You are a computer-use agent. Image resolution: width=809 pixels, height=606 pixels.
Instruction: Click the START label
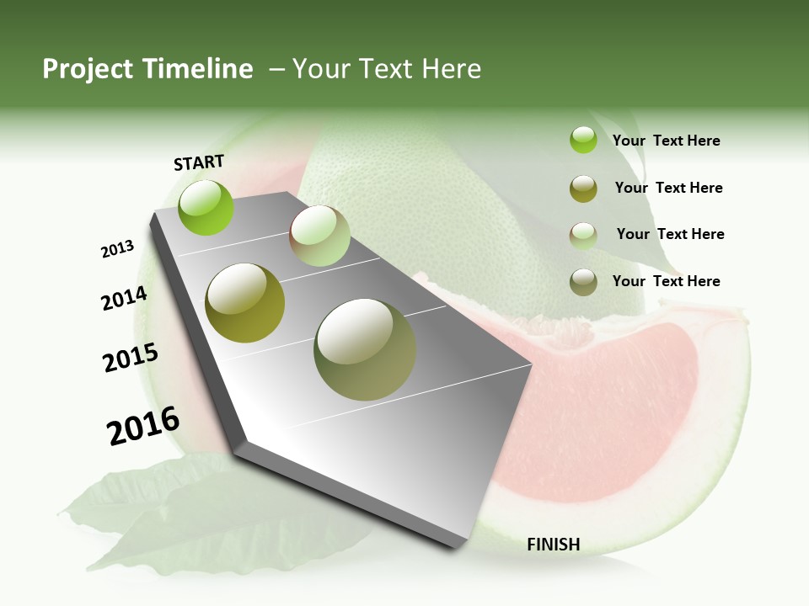(199, 162)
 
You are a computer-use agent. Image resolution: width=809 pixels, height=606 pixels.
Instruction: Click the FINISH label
(554, 545)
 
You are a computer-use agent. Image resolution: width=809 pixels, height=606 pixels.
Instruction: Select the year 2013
(117, 249)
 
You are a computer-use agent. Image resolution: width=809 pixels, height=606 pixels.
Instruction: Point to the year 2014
(124, 298)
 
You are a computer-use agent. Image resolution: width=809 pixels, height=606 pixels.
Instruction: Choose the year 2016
(143, 426)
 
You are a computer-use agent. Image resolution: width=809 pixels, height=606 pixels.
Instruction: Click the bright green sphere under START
(206, 208)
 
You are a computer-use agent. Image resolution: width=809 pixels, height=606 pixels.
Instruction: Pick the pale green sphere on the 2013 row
(319, 236)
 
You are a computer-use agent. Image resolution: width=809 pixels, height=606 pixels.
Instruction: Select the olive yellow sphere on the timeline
(245, 303)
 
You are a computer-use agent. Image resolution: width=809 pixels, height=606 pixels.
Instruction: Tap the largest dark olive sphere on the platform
(365, 349)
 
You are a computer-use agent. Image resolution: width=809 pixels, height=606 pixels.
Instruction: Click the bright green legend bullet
(583, 140)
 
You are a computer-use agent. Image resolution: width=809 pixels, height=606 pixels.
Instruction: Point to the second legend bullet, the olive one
(583, 189)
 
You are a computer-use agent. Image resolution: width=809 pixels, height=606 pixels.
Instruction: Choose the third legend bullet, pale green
(583, 235)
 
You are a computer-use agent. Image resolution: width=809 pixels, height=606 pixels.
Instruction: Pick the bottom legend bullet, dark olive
(583, 282)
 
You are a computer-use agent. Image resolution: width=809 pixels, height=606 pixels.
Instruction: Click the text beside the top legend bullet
(666, 141)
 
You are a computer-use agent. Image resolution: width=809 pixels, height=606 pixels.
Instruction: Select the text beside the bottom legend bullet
(666, 281)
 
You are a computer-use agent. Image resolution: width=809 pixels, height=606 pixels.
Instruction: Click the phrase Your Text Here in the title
(387, 69)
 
